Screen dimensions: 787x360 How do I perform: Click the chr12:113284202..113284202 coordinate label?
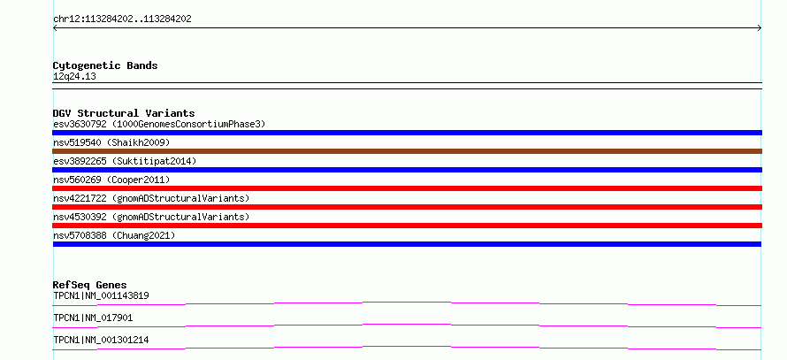(122, 19)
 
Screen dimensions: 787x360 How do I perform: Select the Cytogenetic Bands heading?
(105, 65)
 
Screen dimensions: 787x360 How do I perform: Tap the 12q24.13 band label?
(74, 77)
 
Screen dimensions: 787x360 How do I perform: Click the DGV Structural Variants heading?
(124, 113)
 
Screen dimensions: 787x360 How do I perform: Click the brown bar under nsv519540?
(407, 151)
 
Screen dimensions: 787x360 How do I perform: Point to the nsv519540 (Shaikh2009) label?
(111, 142)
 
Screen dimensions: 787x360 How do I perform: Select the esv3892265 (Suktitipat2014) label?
(125, 161)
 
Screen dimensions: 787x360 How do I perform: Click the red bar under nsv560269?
(407, 188)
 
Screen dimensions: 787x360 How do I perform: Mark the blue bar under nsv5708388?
(407, 244)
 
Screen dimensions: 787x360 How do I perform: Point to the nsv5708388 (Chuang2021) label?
(114, 235)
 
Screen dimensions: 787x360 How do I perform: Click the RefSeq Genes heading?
(90, 285)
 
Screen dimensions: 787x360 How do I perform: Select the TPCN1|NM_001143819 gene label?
(101, 295)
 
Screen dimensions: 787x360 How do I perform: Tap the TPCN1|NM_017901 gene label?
(93, 318)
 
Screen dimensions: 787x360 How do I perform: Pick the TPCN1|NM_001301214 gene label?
(101, 341)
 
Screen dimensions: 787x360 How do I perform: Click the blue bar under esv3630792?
(407, 133)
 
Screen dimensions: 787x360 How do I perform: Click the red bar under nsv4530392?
(407, 226)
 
